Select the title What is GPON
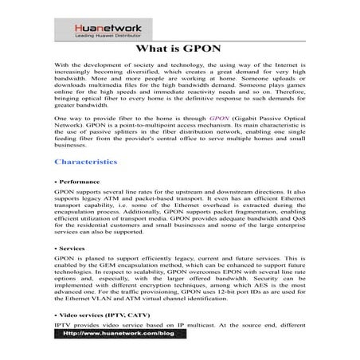pyautogui.click(x=179, y=47)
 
